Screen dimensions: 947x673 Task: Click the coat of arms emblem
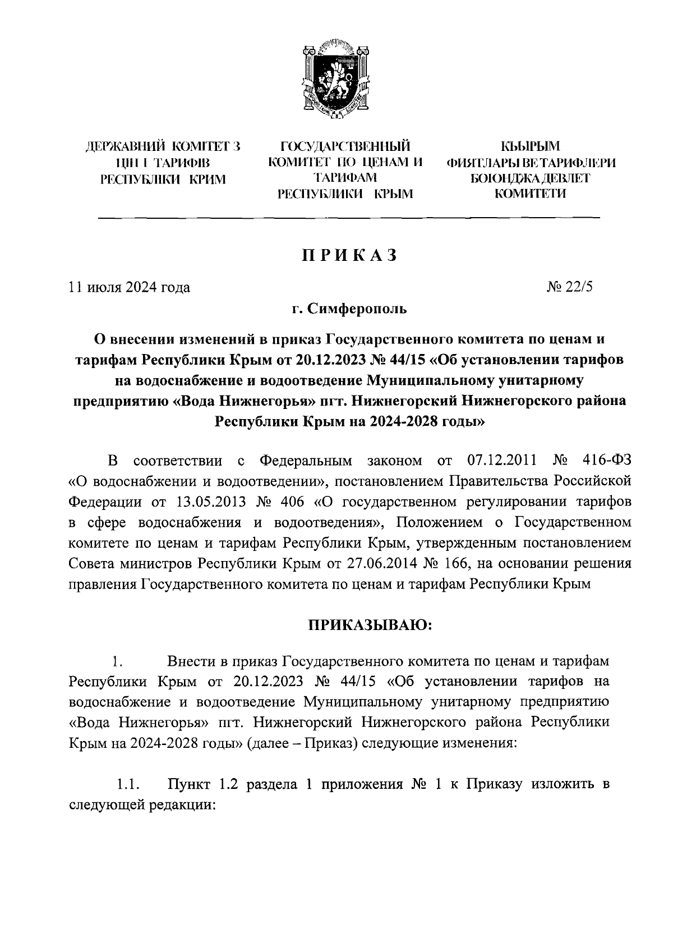pyautogui.click(x=336, y=79)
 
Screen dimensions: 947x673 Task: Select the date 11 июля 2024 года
pyautogui.click(x=129, y=288)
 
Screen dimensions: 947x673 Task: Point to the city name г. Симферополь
pyautogui.click(x=349, y=309)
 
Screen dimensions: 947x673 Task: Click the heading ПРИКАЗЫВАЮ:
pyautogui.click(x=369, y=624)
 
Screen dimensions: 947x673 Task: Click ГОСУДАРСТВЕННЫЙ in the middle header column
pyautogui.click(x=345, y=148)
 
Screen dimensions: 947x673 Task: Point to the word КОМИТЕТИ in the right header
pyautogui.click(x=529, y=194)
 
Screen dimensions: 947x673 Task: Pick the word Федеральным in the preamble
pyautogui.click(x=306, y=461)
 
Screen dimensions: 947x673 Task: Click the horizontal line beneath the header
pyautogui.click(x=349, y=217)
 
